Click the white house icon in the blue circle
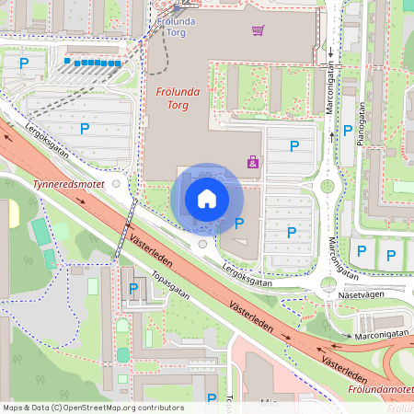click(207, 199)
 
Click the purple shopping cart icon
click(259, 30)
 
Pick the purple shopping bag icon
click(252, 163)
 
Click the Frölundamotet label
click(381, 391)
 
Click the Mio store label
click(269, 402)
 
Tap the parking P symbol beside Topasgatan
click(133, 289)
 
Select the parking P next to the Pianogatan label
click(347, 131)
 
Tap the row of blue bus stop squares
click(92, 63)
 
